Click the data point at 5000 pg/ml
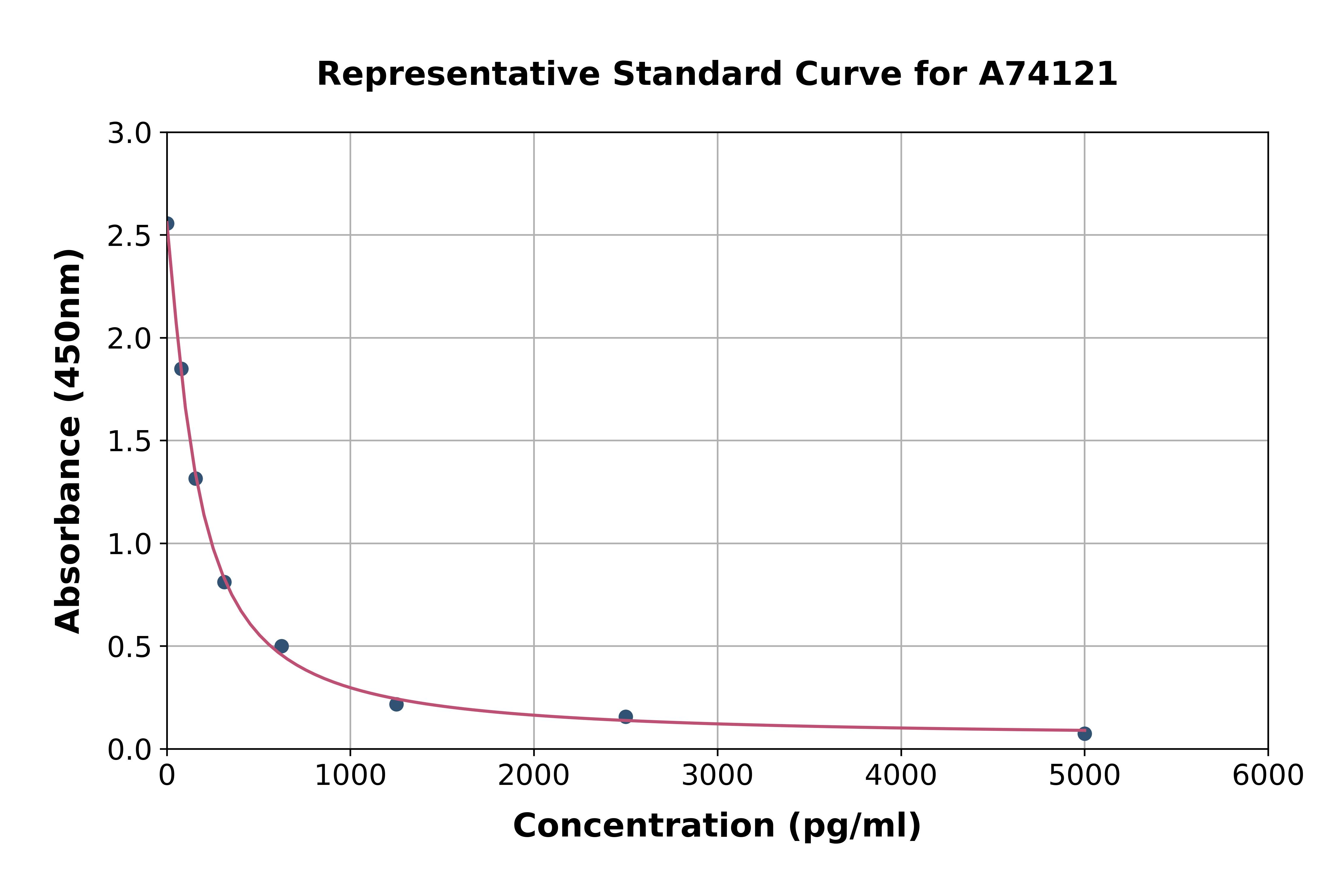point(1084,733)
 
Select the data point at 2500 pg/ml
point(625,716)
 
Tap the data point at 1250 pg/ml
point(396,704)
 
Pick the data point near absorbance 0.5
point(282,646)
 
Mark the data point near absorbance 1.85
point(181,369)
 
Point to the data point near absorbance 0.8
point(224,582)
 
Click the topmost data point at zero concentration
point(167,224)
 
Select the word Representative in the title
point(458,74)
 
